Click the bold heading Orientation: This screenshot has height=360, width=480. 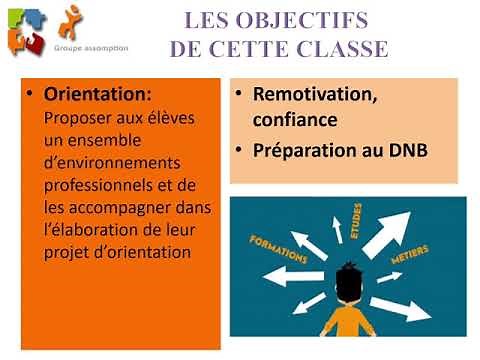click(98, 94)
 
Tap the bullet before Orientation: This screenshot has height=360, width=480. click(32, 94)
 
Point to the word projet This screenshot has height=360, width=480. click(68, 252)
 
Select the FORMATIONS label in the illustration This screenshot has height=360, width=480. click(279, 250)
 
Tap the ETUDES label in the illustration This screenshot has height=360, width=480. click(355, 217)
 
